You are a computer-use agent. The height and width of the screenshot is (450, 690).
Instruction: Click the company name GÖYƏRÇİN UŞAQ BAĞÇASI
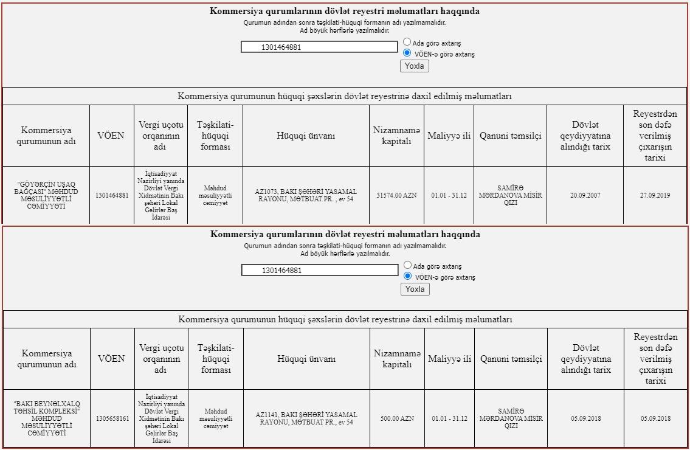[x=46, y=195]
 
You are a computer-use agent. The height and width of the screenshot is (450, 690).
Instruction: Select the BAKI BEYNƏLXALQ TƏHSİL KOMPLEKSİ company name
[x=47, y=418]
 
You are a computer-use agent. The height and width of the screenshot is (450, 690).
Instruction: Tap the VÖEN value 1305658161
[x=112, y=419]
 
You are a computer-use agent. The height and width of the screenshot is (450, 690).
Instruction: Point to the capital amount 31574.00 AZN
[x=396, y=195]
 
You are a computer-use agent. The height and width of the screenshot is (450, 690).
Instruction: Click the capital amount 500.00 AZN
[x=397, y=419]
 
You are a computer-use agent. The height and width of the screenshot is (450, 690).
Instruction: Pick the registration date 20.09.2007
[x=585, y=195]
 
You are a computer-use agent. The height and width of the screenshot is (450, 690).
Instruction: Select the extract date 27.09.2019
[x=655, y=195]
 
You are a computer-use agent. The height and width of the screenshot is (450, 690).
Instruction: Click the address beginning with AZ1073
[x=306, y=195]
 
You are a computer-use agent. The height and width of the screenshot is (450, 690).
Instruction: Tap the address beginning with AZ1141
[x=306, y=418]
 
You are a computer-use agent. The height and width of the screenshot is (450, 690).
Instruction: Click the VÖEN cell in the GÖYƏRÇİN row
[x=112, y=195]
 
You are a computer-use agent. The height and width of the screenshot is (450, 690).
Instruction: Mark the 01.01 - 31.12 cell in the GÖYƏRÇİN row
[x=449, y=195]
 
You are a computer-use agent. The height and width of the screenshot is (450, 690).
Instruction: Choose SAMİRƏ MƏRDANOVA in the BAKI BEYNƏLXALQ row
[x=511, y=418]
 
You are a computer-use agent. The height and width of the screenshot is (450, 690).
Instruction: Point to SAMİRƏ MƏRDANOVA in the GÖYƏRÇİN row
[x=510, y=195]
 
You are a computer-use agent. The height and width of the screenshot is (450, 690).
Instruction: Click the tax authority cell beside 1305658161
[x=161, y=418]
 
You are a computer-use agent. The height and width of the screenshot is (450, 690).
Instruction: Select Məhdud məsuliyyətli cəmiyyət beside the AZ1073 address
[x=215, y=195]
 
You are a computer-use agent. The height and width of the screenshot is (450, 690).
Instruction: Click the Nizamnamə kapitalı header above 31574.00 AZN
[x=396, y=136]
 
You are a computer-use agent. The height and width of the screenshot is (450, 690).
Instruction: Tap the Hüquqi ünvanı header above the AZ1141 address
[x=306, y=359]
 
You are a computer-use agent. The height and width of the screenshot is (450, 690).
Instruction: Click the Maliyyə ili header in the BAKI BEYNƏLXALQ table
[x=449, y=359]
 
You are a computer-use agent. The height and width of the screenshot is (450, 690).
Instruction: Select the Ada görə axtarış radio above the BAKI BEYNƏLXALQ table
[x=408, y=266]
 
